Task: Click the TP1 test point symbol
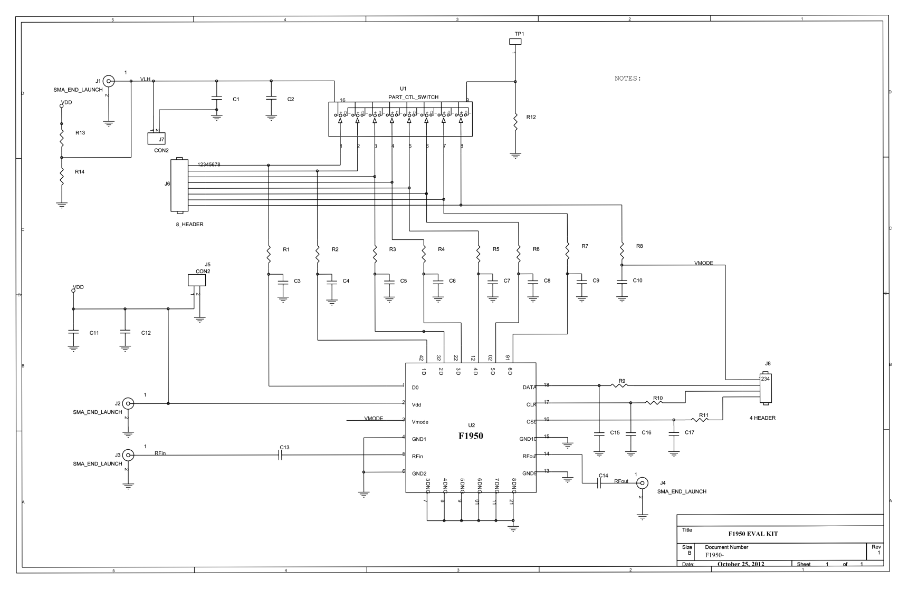[515, 41]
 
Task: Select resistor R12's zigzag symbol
[515, 122]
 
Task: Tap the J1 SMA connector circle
[108, 81]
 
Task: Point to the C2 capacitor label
[290, 99]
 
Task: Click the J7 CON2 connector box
[157, 139]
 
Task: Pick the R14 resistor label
[80, 172]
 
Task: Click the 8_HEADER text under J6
[189, 225]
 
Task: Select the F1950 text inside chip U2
[470, 436]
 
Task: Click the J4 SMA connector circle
[642, 482]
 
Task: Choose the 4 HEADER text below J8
[762, 418]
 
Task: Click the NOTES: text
[628, 79]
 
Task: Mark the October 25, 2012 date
[740, 564]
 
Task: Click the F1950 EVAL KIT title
[753, 534]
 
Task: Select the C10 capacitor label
[637, 280]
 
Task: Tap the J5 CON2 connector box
[197, 280]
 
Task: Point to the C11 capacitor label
[94, 333]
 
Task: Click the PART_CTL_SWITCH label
[413, 97]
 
